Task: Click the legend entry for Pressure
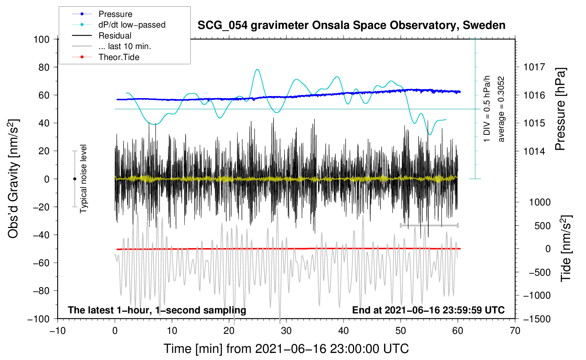115,14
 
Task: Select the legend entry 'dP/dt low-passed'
132,25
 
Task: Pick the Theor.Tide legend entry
119,57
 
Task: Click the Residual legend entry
115,36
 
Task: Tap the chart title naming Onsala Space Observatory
351,25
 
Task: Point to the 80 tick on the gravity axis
42,67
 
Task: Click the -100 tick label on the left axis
38,319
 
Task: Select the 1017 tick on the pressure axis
534,67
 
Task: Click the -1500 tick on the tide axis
537,319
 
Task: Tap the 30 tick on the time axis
286,331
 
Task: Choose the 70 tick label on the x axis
515,331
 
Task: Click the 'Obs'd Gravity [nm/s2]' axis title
13,179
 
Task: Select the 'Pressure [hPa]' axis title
560,109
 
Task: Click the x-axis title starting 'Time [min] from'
286,349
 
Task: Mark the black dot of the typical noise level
74,179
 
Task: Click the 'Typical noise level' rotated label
83,179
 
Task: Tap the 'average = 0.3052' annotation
501,109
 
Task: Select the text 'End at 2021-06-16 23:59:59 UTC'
428,310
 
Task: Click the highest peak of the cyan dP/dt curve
257,69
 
